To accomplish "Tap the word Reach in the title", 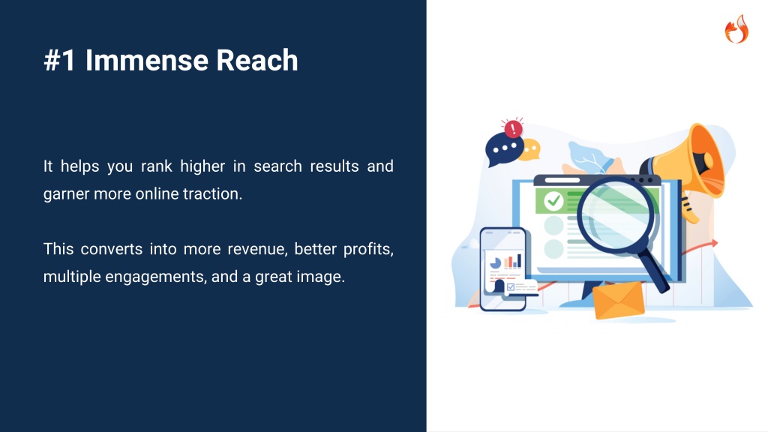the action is (256, 60).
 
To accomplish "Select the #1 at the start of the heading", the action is (60, 60).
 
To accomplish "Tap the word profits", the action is (368, 249).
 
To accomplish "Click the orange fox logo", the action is (736, 29).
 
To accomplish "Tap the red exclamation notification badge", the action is (513, 129).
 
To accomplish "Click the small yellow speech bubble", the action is (530, 150).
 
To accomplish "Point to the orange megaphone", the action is (691, 166).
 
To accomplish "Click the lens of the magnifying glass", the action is (616, 215).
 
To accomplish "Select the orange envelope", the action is (619, 300).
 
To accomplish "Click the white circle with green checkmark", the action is (554, 200).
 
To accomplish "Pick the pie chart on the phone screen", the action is (496, 263).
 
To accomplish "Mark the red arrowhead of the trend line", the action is (715, 243).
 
